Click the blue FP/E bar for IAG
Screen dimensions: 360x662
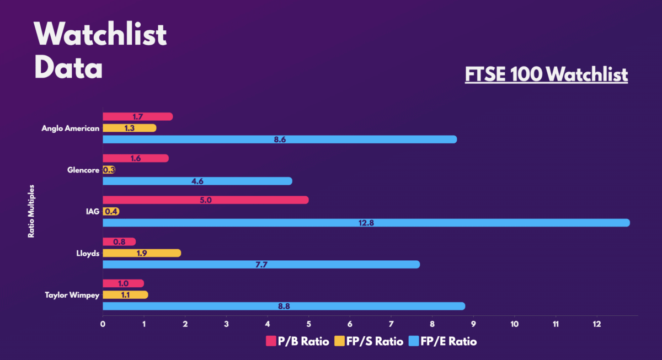[366, 223]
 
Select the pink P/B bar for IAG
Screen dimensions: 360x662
[205, 200]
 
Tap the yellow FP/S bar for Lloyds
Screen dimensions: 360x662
[142, 253]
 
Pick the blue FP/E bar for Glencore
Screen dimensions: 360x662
[197, 181]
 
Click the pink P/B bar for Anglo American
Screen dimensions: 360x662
[138, 116]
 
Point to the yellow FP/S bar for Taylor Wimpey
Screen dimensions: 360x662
[125, 294]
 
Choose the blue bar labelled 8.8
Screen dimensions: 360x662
[284, 306]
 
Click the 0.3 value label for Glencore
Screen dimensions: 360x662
[109, 170]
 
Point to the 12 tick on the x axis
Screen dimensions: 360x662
[597, 324]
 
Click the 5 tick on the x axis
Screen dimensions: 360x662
[308, 324]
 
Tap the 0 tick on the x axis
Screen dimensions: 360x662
[103, 324]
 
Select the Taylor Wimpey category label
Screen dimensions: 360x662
[72, 295]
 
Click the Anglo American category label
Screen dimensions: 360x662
[71, 128]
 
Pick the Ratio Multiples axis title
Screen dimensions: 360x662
[31, 212]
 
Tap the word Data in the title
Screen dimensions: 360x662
[68, 69]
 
